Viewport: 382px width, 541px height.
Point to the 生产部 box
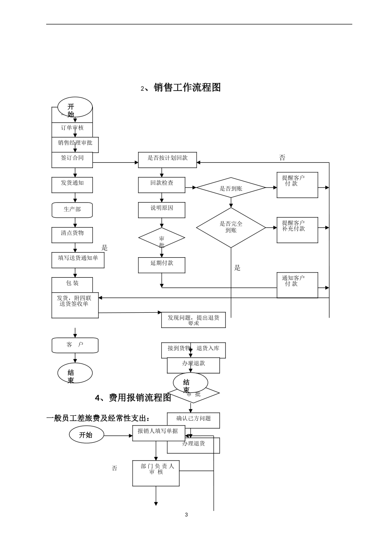pos(72,210)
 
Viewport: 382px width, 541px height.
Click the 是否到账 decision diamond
pos(231,188)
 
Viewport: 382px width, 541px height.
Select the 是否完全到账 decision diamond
pos(231,227)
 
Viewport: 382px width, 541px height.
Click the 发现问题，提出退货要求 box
pos(193,320)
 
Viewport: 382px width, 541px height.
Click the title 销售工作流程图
pos(187,87)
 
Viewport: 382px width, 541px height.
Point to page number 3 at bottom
pos(186,514)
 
